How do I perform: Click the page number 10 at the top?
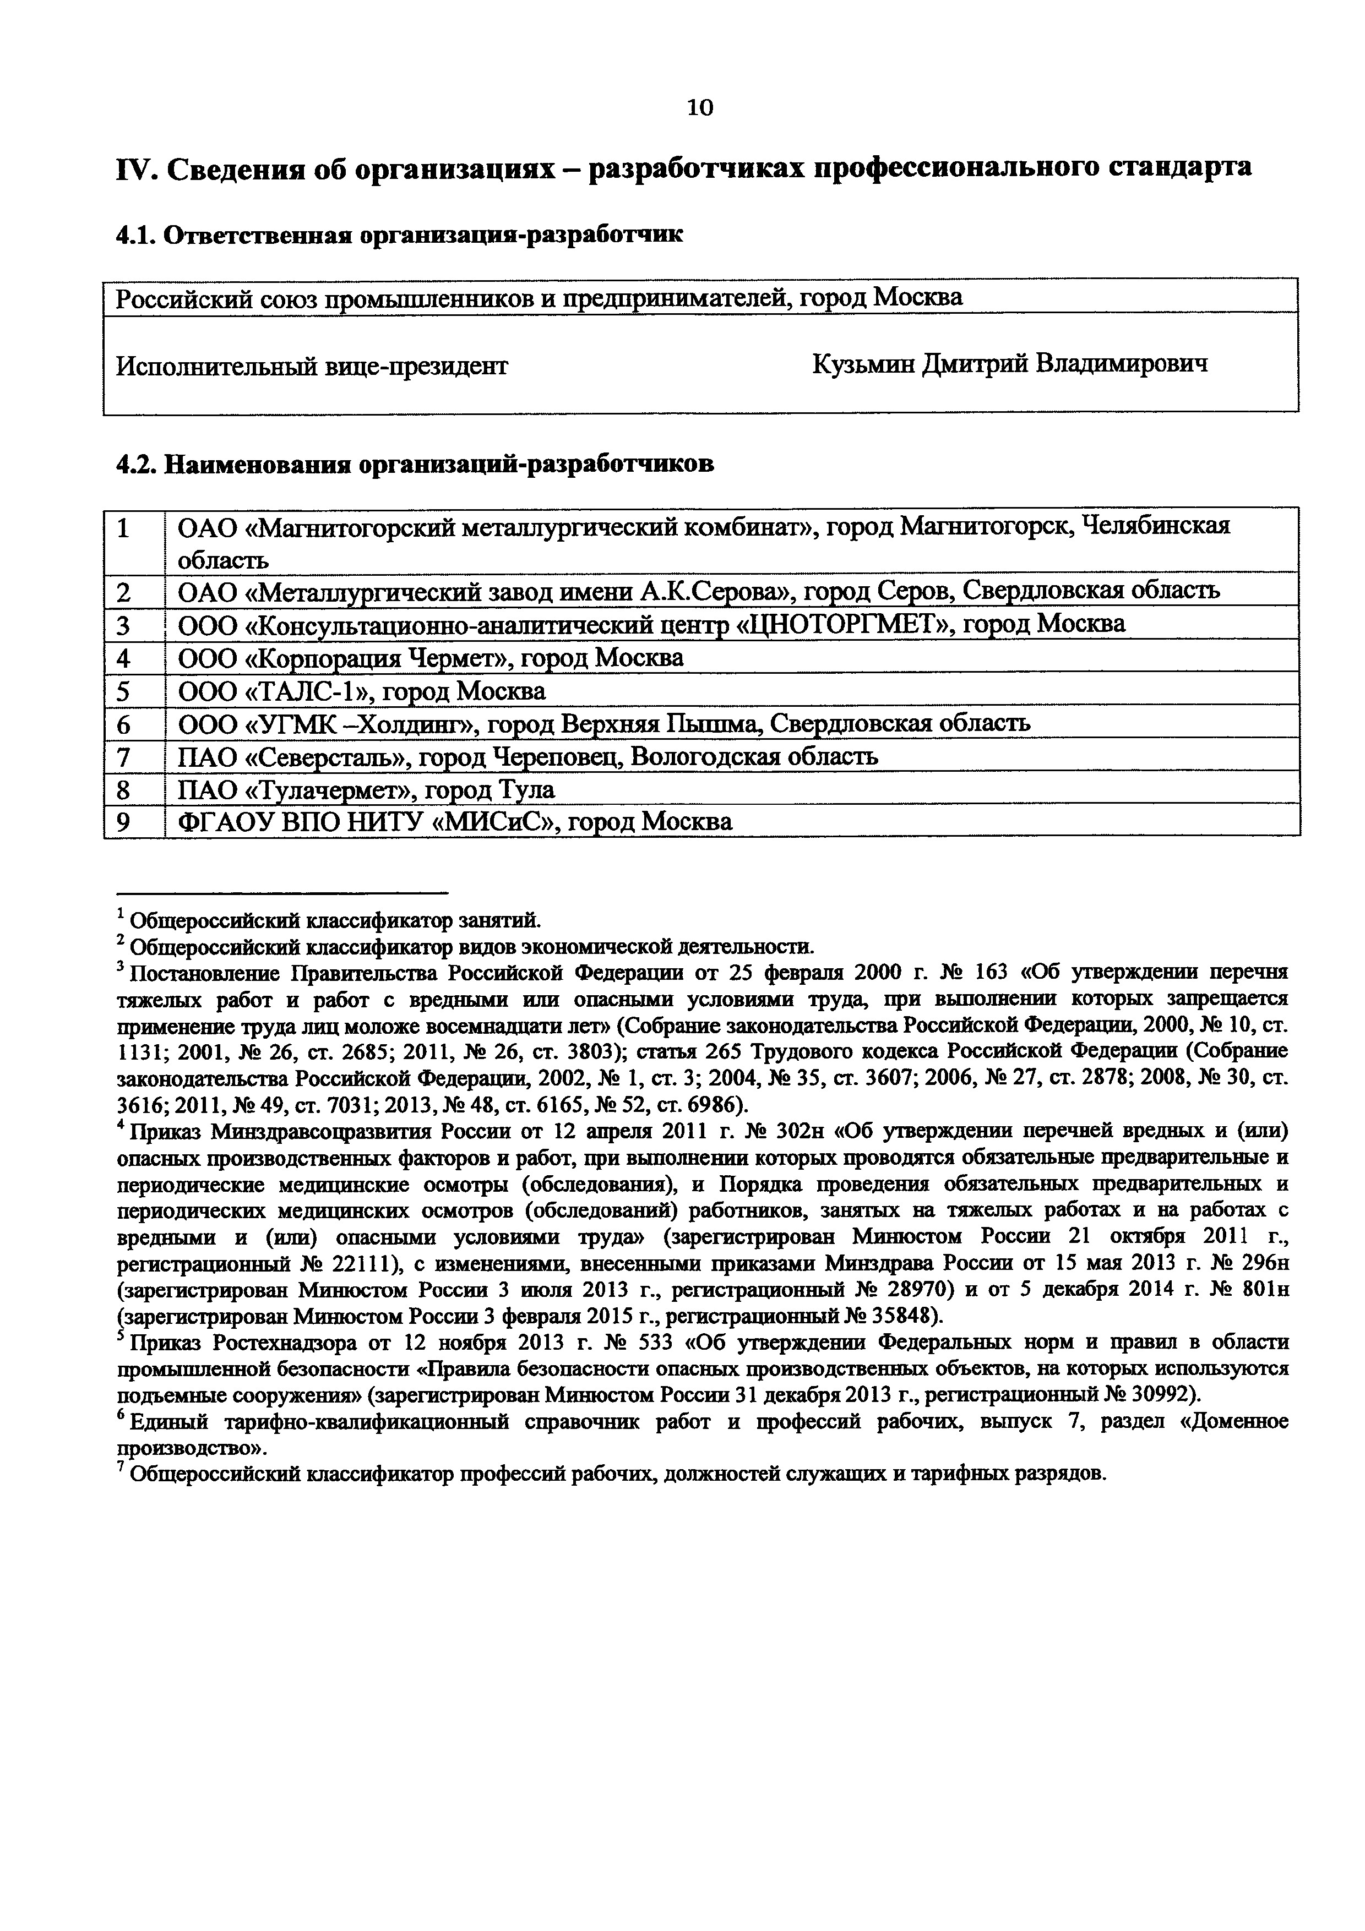[x=700, y=108]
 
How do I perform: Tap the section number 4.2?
[x=136, y=464]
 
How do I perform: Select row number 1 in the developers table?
[x=124, y=528]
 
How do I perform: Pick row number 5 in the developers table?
[x=124, y=691]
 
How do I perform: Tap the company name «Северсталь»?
[x=329, y=757]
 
